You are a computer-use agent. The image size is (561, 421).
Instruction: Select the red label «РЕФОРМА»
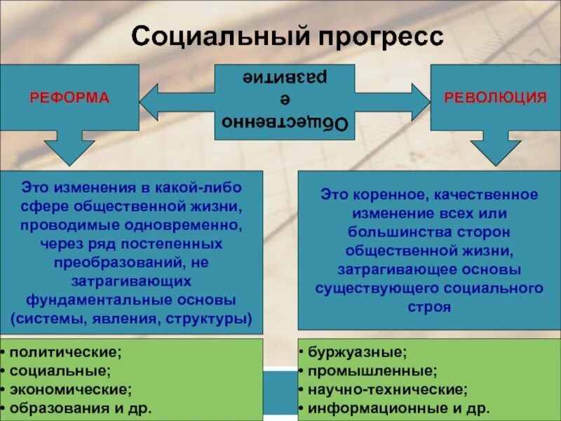click(69, 98)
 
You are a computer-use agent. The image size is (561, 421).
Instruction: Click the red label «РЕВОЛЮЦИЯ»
click(495, 97)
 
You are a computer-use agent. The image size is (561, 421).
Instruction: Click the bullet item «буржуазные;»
click(355, 352)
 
